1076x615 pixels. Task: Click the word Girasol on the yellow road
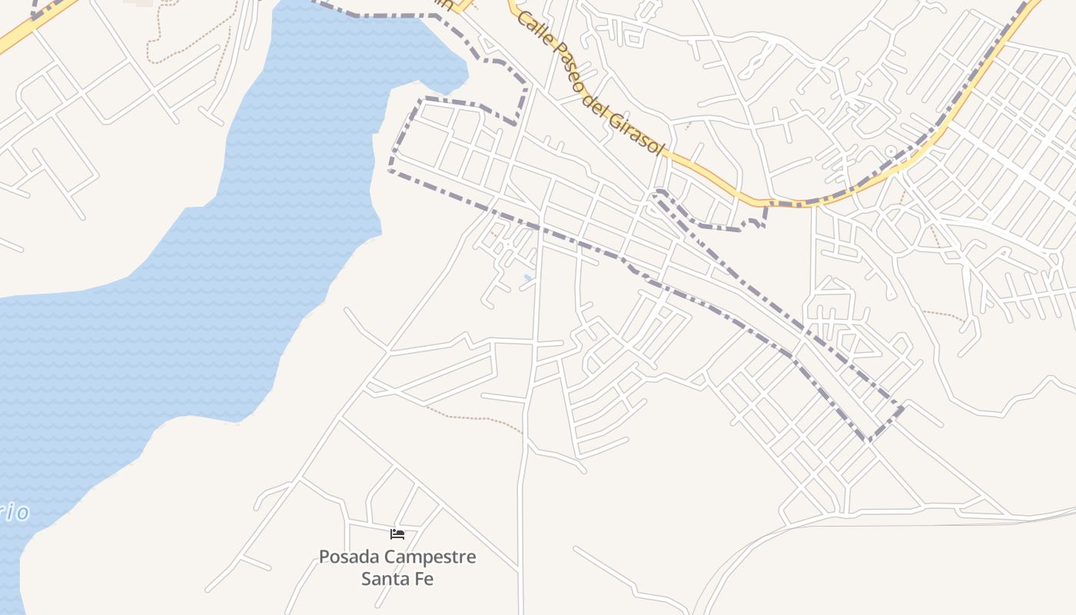[x=636, y=131]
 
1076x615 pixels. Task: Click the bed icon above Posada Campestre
[x=397, y=534]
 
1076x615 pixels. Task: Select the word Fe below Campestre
[x=423, y=578]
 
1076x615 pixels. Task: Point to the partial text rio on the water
[x=15, y=513]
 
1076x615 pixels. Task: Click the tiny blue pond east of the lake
[x=527, y=277]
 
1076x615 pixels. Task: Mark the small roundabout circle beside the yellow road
[x=892, y=152]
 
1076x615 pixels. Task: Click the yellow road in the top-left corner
[x=31, y=29]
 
